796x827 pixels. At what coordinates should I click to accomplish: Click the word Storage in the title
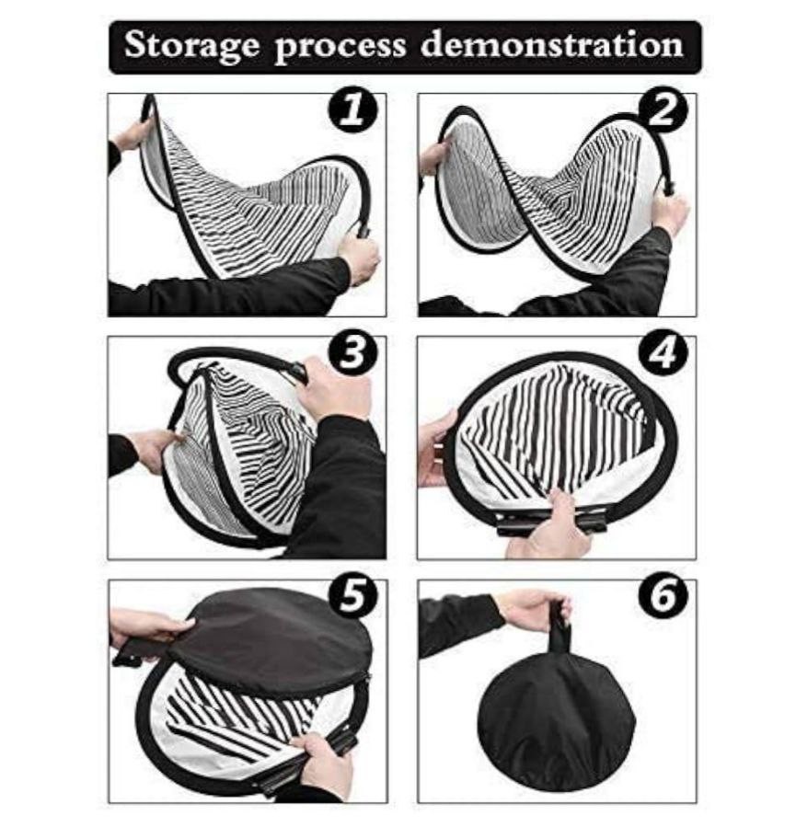[192, 45]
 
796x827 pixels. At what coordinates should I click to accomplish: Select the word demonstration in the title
[552, 44]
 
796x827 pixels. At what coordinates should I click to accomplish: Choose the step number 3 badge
[352, 352]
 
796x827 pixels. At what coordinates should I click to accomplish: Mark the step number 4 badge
[663, 352]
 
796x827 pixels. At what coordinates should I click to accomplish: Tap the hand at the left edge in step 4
[438, 448]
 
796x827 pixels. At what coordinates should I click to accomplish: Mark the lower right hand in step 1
[359, 258]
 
